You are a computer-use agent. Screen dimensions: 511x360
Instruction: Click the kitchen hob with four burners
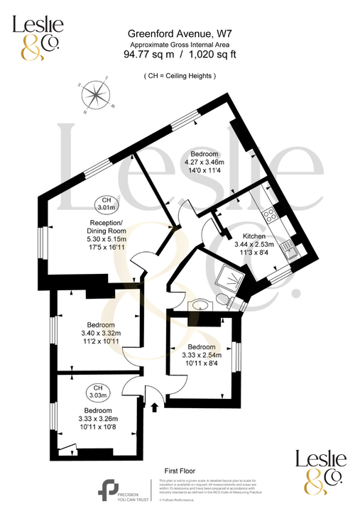coord(271,214)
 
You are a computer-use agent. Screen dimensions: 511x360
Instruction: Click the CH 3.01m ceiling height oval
coord(106,204)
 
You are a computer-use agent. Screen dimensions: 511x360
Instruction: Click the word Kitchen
coord(253,236)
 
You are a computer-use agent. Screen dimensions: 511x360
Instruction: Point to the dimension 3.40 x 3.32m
coord(100,333)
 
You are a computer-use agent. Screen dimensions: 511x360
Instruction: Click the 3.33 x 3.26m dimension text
coord(97,419)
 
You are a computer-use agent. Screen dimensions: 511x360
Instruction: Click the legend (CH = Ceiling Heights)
coord(179,75)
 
